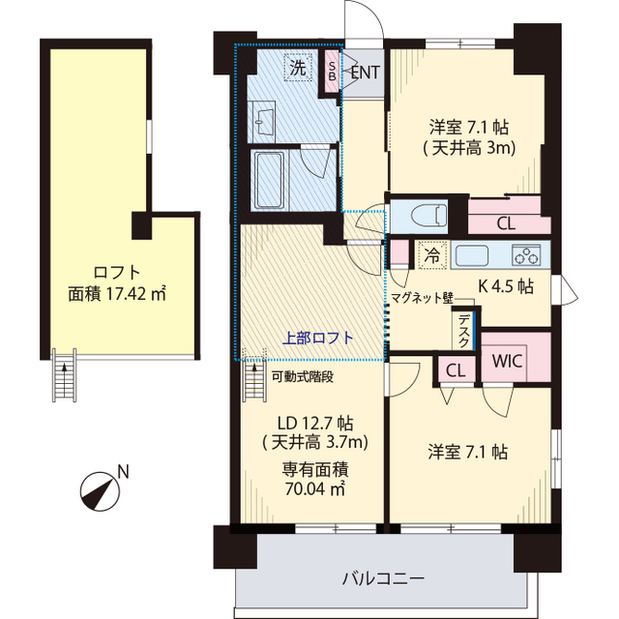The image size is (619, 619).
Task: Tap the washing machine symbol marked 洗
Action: coord(297,68)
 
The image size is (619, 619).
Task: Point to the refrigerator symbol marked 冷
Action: coord(431,256)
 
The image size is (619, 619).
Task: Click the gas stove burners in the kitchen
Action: coord(527,256)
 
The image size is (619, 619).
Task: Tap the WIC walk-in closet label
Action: coord(508,361)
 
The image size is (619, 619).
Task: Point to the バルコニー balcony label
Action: coord(383,579)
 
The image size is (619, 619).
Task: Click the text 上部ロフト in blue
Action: coord(318,338)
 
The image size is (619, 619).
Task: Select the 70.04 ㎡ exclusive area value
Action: coord(315,488)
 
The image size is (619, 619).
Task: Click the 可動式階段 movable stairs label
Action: coord(303,377)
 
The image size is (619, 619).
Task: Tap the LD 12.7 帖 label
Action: coord(315,423)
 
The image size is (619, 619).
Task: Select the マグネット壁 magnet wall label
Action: coord(422,300)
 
